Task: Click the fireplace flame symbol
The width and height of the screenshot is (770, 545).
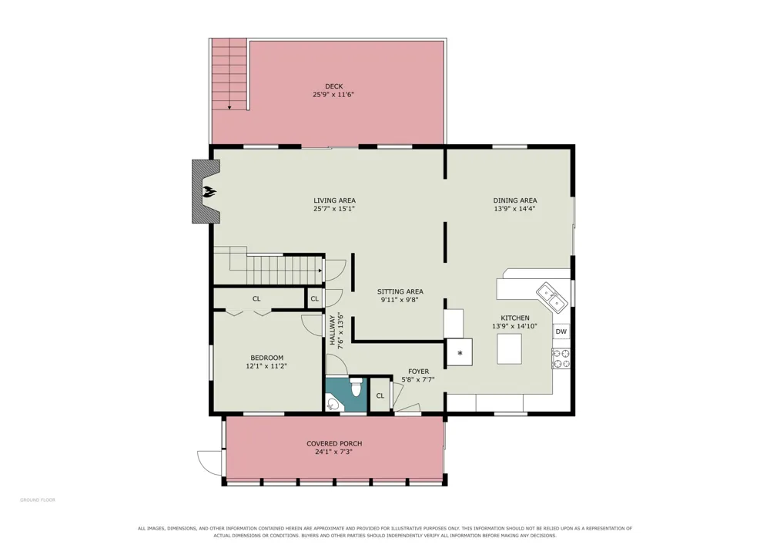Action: [x=210, y=191]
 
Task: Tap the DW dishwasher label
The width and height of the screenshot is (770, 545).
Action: [x=561, y=331]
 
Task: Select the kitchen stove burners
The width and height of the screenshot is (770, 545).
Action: [x=561, y=358]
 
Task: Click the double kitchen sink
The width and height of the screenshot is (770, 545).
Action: [x=551, y=298]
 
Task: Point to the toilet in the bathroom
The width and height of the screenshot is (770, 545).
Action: [x=357, y=386]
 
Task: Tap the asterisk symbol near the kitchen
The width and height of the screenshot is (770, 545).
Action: [x=460, y=353]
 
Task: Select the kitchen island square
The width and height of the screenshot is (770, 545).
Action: [x=509, y=348]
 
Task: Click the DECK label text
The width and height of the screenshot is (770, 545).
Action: [x=333, y=86]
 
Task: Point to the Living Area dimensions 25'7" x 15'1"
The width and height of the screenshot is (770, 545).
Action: [x=334, y=208]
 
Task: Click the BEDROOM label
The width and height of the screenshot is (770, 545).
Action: [x=266, y=358]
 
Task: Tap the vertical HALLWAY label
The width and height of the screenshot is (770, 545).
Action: [x=333, y=330]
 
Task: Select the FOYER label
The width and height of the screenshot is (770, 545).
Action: [x=418, y=372]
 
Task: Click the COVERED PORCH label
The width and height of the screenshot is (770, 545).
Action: [x=334, y=443]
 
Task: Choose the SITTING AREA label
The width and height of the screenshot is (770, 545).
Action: [x=400, y=291]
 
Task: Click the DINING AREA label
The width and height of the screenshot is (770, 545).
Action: [x=514, y=200]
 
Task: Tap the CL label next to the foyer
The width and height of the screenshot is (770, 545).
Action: [x=380, y=395]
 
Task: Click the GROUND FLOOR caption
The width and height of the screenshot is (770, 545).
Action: [x=37, y=500]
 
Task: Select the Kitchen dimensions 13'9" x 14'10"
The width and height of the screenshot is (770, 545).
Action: [x=514, y=326]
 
